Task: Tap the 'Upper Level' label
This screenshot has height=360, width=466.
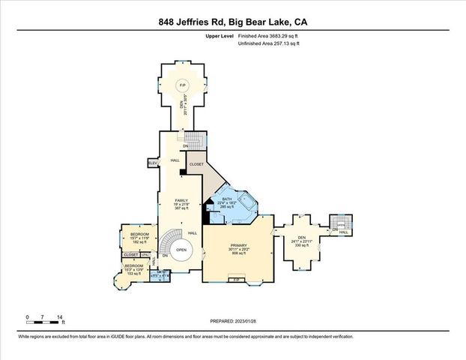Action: click(x=218, y=36)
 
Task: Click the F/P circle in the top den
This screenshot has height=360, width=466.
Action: click(x=182, y=86)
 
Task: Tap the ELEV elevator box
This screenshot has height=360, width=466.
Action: click(x=152, y=162)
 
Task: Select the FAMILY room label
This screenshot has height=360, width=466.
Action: click(x=181, y=201)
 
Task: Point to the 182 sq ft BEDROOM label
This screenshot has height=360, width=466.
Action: click(x=140, y=235)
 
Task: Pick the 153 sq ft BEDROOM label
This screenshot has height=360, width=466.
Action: click(x=133, y=266)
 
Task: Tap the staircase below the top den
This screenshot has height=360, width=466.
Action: click(x=194, y=139)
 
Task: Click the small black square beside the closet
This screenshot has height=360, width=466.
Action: click(x=182, y=172)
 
